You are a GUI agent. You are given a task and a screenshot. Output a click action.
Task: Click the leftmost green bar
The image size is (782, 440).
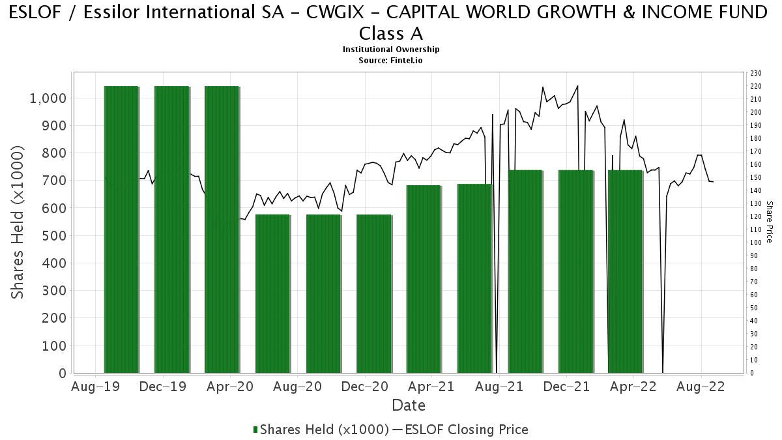[x=121, y=229]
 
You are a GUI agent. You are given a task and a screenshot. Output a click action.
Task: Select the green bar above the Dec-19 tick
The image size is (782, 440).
[x=172, y=229]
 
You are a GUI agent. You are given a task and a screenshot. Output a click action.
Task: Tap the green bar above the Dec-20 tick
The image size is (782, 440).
[x=374, y=294]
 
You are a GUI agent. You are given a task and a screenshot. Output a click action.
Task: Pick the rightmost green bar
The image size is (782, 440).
[x=625, y=271]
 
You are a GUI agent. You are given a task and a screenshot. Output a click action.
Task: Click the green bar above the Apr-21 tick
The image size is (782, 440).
[x=424, y=279]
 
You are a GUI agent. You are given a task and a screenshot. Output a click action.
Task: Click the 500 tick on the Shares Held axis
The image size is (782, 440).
[x=53, y=236]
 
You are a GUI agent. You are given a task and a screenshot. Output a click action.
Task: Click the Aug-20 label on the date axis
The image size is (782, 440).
[x=297, y=387]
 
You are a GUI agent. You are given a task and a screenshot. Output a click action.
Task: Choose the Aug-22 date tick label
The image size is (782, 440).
[x=701, y=387]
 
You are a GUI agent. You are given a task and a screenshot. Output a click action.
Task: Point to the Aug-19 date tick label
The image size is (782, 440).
[x=95, y=387]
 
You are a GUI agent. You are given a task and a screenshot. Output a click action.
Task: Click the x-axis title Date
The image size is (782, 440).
[x=409, y=405]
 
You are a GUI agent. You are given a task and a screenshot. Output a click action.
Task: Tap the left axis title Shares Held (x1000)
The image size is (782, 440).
[x=17, y=222]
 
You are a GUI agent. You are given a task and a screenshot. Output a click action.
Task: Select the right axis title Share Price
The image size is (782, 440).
[x=769, y=222]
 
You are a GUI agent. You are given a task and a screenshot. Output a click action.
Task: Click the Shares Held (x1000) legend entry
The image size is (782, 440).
[x=321, y=430]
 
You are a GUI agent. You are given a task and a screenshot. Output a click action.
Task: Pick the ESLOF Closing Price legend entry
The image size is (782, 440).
[x=461, y=430]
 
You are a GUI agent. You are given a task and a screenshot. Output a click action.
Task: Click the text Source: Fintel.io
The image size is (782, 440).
[x=390, y=61]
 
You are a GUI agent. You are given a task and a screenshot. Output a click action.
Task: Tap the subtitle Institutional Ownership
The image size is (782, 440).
[x=391, y=50]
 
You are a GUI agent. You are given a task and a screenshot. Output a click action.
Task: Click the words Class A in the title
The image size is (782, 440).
[x=391, y=34]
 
